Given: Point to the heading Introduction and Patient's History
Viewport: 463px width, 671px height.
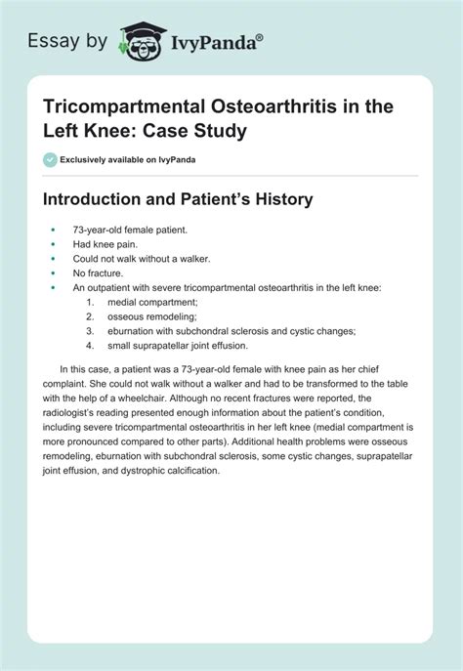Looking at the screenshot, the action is (x=178, y=199).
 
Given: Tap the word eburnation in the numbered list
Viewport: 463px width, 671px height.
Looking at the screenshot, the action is (x=131, y=331).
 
